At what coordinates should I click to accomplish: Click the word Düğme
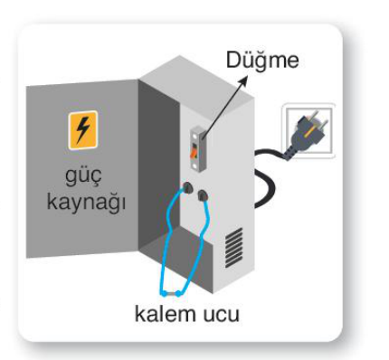[262, 62]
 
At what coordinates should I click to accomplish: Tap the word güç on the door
[83, 175]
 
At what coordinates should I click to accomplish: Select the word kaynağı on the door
[86, 201]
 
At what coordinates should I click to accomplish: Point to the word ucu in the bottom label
[221, 316]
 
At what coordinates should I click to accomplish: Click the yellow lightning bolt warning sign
[83, 130]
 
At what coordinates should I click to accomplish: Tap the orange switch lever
[194, 151]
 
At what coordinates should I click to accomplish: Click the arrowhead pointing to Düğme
[242, 81]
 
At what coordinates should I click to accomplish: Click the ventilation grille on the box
[234, 248]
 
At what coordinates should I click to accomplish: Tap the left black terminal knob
[187, 187]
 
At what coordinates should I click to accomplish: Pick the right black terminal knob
[203, 195]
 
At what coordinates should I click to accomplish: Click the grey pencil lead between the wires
[171, 294]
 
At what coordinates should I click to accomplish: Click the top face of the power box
[196, 80]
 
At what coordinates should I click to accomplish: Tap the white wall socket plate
[308, 130]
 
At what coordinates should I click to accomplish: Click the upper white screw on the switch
[194, 137]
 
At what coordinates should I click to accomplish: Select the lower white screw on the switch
[195, 166]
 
